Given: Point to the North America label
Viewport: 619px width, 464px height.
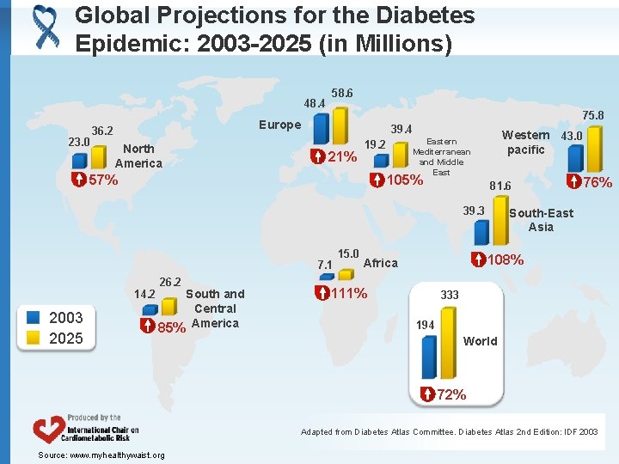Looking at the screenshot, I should [138, 156].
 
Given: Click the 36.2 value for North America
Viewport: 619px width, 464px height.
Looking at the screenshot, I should [104, 131].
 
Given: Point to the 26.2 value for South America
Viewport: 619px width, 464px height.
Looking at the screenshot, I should [170, 281].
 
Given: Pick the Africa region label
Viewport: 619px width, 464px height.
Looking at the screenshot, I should [381, 263].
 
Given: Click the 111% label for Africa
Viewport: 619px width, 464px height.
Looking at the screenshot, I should [349, 293].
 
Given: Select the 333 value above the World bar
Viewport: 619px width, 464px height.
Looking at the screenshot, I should [450, 295].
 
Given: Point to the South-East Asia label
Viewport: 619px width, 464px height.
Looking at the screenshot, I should [541, 220].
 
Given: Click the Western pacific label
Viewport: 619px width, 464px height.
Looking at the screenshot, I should [526, 142].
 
